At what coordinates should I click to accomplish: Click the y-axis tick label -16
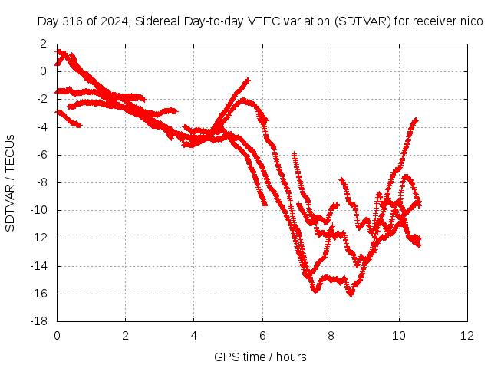pos(39,294)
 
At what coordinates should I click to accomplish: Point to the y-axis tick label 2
pos(43,44)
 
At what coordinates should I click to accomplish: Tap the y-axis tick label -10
pos(39,210)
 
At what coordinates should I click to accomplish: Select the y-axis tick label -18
pos(39,321)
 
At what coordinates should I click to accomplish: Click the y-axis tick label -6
pos(41,155)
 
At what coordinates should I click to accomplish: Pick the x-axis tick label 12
pos(467,336)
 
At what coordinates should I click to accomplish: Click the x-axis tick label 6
pos(262,336)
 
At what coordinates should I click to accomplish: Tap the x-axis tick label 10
pos(399,336)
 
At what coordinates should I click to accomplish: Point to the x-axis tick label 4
pos(194,336)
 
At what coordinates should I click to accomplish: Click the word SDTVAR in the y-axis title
pos(10,208)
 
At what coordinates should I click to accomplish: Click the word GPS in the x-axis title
pos(222,356)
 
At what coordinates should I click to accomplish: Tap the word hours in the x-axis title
pos(292,356)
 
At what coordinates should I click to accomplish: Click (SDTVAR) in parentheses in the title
pos(363,21)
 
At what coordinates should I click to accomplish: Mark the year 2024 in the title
pos(115,21)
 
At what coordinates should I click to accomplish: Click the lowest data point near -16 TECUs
pos(351,294)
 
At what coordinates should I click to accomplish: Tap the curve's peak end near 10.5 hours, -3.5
pos(416,120)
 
